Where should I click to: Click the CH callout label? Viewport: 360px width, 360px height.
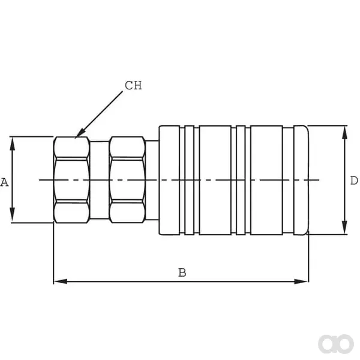(x=133, y=85)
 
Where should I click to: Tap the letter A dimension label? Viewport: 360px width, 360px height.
(x=4, y=182)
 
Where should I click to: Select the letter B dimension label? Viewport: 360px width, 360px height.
(x=182, y=272)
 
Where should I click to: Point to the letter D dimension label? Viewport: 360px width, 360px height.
(x=354, y=181)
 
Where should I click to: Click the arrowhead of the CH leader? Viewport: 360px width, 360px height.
(x=80, y=134)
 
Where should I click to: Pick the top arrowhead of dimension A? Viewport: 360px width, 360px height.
(x=13, y=144)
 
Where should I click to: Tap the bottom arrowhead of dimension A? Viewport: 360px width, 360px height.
(x=13, y=215)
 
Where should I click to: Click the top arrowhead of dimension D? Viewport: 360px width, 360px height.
(x=344, y=133)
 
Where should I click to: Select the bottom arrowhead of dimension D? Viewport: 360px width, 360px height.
(x=344, y=227)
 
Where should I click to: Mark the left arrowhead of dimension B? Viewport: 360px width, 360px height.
(x=61, y=281)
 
